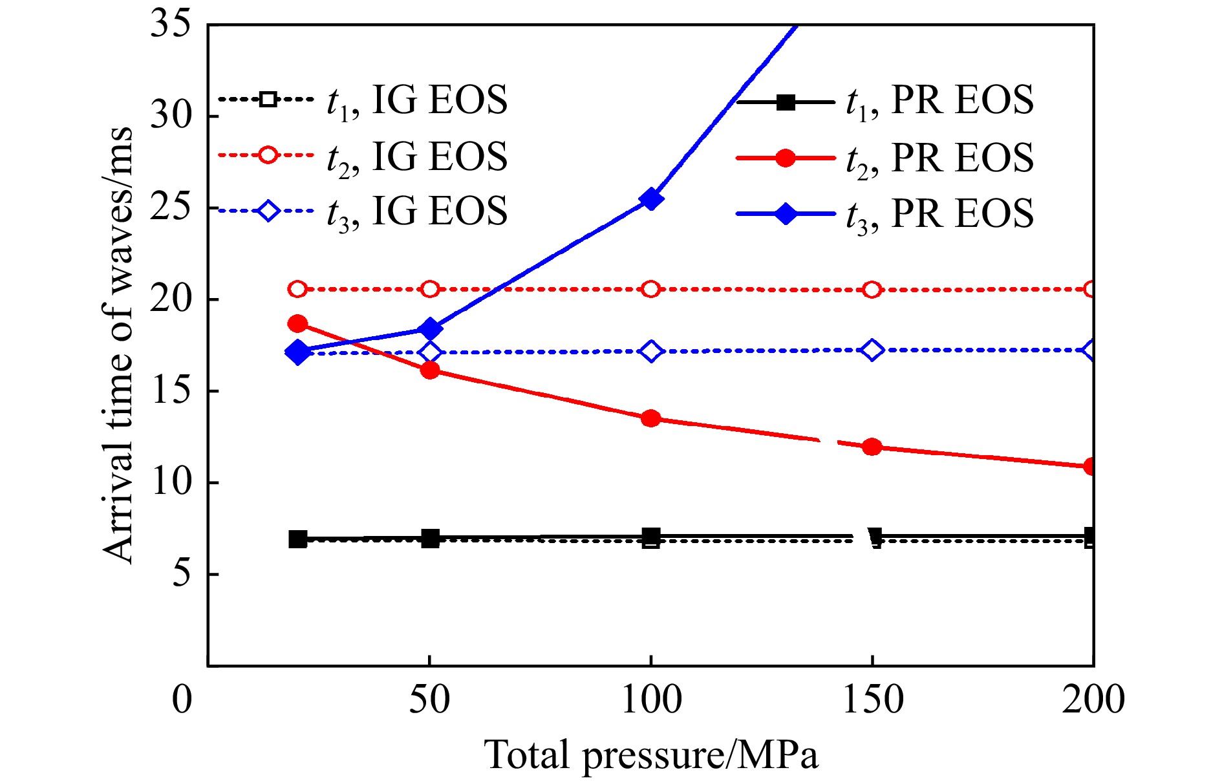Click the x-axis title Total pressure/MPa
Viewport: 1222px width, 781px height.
click(x=651, y=755)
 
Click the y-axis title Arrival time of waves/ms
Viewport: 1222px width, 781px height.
click(x=118, y=346)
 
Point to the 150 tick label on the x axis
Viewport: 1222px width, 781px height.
click(x=872, y=700)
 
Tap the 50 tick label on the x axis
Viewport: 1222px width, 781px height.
click(x=429, y=700)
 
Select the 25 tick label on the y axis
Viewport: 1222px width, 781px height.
click(x=171, y=208)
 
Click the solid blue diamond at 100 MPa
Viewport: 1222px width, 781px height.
click(x=651, y=198)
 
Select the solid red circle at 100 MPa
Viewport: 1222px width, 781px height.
click(x=651, y=418)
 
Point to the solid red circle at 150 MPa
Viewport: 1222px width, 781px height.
click(x=872, y=447)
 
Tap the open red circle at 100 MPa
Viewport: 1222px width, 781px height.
click(x=651, y=289)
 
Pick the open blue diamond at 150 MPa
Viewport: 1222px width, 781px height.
click(x=872, y=350)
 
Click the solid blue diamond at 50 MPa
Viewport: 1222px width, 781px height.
click(x=430, y=329)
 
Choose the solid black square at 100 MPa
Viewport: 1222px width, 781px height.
click(x=651, y=536)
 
